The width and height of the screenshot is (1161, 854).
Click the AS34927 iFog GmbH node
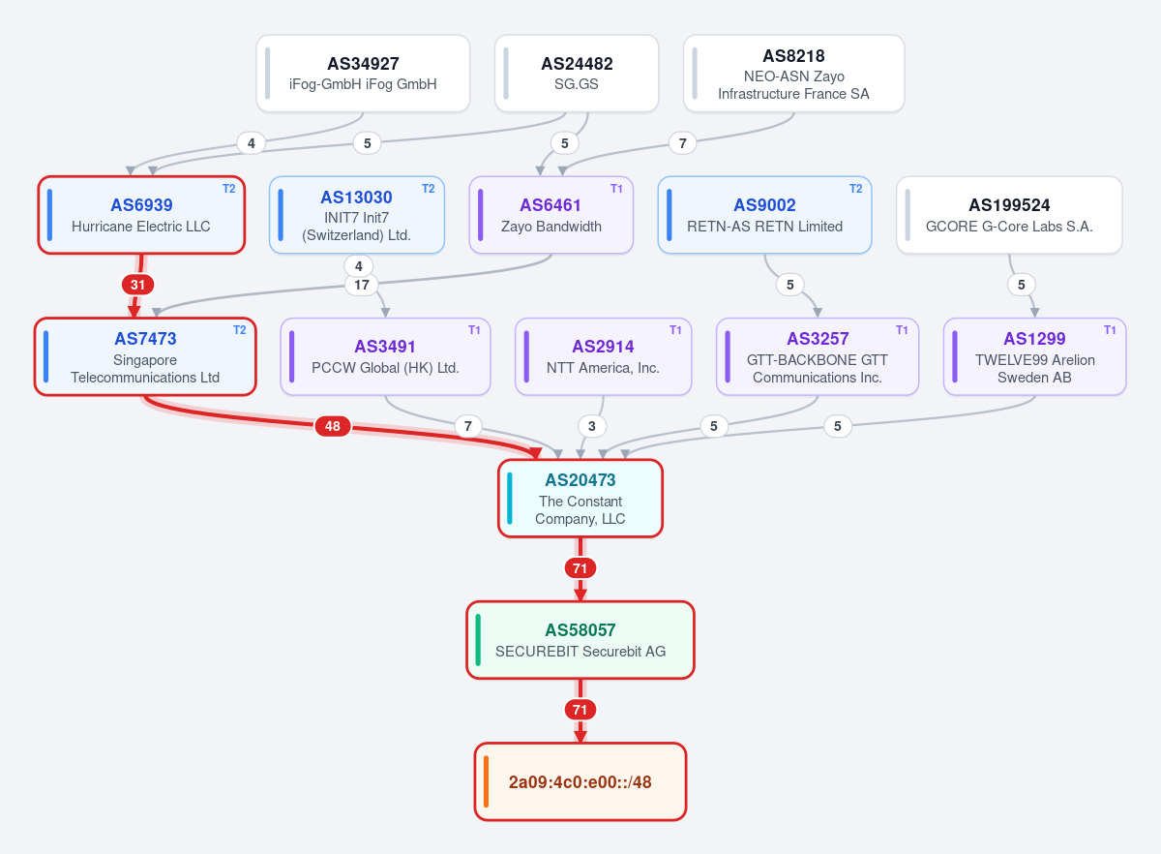tap(363, 74)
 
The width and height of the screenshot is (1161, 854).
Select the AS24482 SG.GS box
tap(577, 74)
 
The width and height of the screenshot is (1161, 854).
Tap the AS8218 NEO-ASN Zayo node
tap(793, 74)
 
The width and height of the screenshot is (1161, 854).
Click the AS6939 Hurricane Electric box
tap(141, 215)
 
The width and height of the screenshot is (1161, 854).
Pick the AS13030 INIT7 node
tap(357, 215)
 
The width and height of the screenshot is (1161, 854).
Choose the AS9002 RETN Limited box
tap(764, 215)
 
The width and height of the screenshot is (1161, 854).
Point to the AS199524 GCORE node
tap(1009, 215)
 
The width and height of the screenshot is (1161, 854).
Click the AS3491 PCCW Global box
tap(385, 356)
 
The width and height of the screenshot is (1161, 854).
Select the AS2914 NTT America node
tap(603, 356)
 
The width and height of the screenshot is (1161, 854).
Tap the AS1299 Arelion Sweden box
tap(1034, 356)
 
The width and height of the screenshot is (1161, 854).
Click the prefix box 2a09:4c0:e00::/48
tap(580, 781)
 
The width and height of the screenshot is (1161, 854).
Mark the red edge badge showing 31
tap(137, 285)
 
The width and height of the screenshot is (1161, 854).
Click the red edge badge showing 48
tap(332, 426)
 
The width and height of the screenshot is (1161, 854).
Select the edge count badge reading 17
tap(361, 285)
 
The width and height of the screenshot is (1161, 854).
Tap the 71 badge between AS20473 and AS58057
tap(580, 568)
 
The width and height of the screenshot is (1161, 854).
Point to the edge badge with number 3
tap(591, 426)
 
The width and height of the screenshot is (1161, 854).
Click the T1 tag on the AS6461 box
tap(616, 189)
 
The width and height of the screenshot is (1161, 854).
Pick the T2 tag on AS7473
tap(240, 330)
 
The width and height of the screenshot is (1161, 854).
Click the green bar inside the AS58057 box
tap(478, 640)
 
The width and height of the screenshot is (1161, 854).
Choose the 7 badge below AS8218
tap(683, 143)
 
